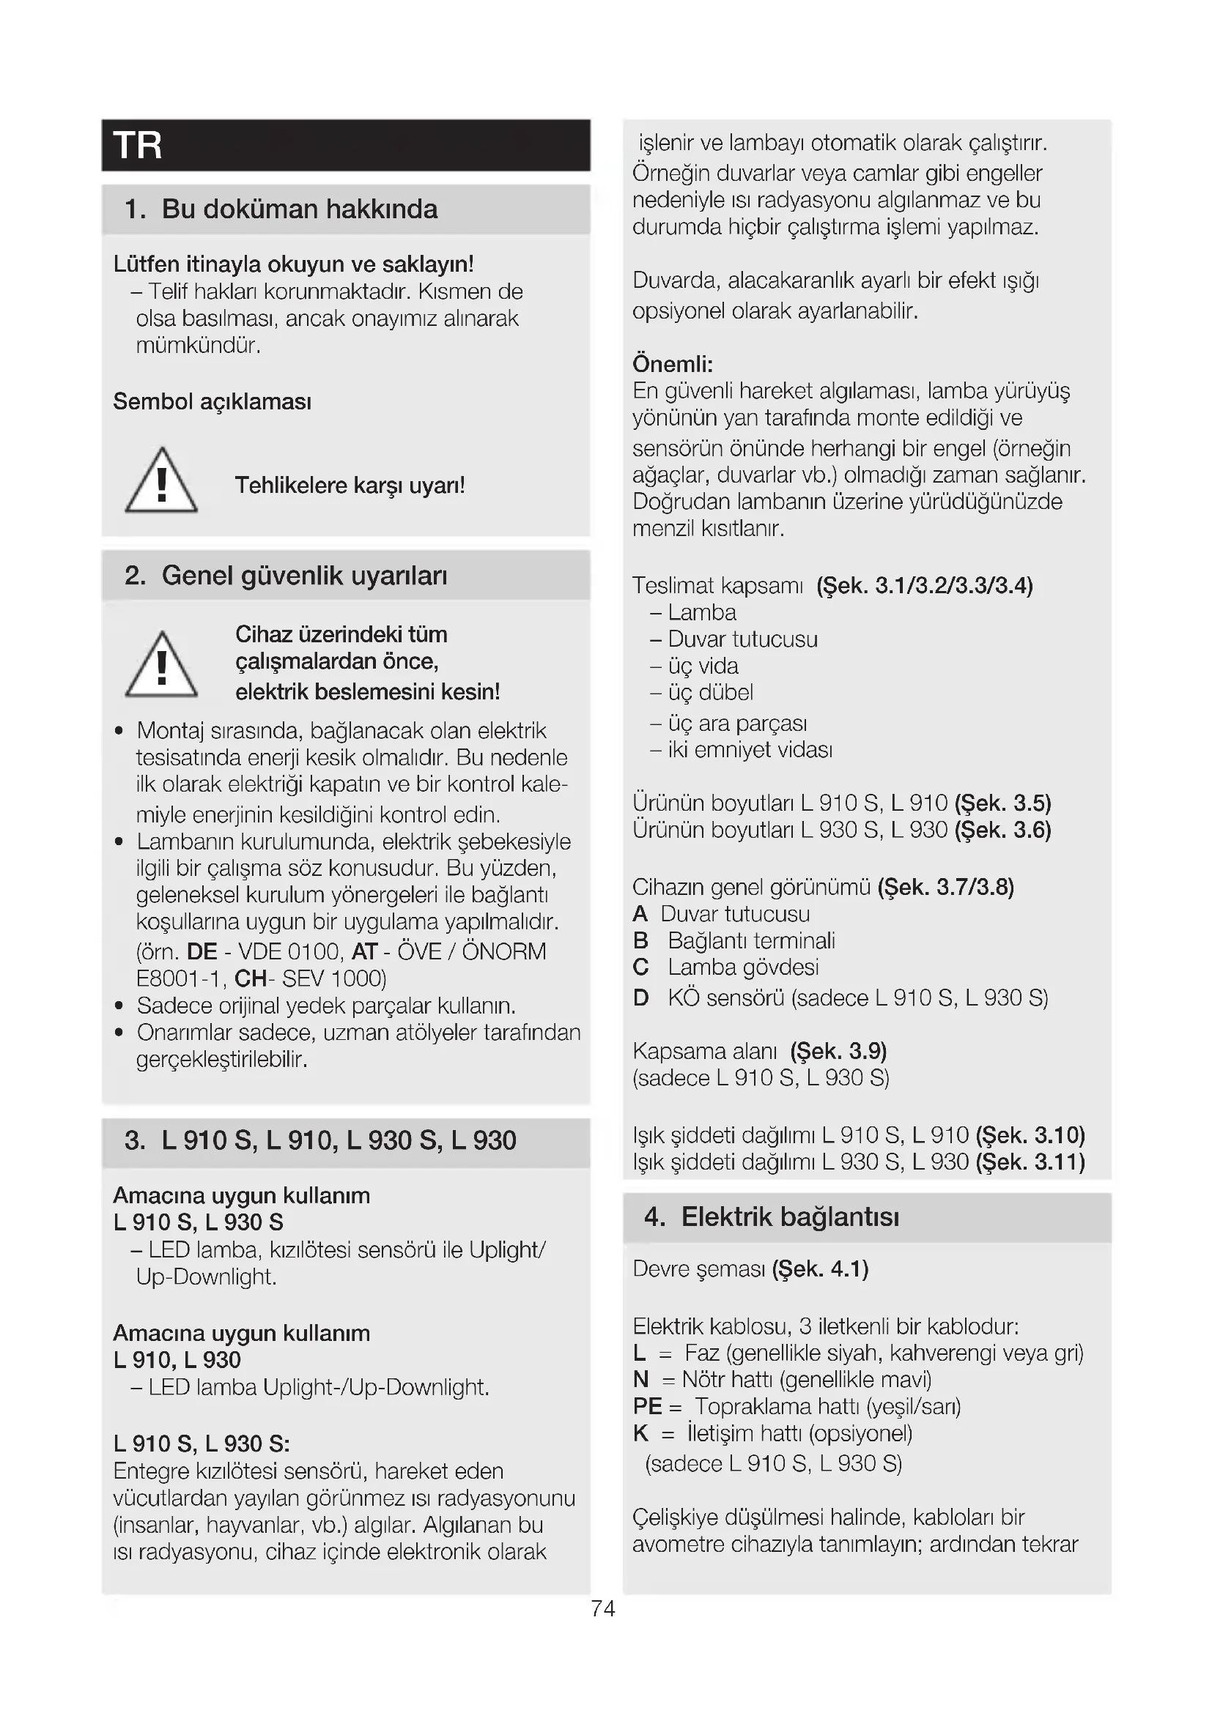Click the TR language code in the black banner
click(137, 146)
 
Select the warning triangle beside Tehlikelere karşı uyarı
click(161, 481)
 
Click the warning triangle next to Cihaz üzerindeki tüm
click(161, 665)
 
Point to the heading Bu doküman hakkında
click(299, 209)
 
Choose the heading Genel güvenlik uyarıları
click(304, 576)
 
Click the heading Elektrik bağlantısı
click(790, 1217)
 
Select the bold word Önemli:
click(673, 364)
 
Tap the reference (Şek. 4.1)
click(820, 1269)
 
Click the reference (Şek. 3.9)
click(838, 1051)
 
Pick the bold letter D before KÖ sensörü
click(640, 998)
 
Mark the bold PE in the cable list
click(647, 1406)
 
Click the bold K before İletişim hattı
click(640, 1433)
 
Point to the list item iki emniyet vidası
click(750, 750)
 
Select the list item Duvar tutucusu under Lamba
click(742, 639)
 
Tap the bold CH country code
click(251, 978)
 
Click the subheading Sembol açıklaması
click(212, 402)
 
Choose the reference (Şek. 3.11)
click(1030, 1162)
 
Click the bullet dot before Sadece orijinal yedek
click(119, 1006)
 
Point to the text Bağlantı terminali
click(751, 941)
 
